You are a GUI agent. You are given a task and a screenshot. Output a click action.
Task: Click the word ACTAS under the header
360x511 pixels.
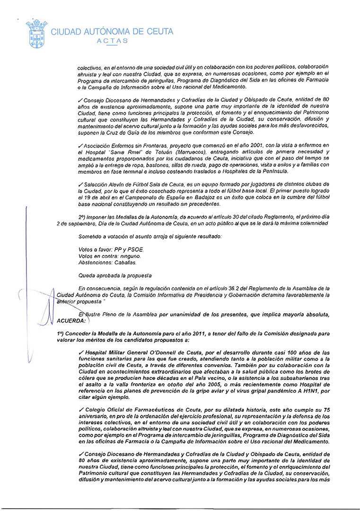click(112, 41)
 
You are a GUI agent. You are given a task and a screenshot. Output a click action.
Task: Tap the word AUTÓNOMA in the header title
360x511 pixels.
click(103, 32)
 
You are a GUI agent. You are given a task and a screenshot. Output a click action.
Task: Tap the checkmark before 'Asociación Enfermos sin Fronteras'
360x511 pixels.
click(81, 145)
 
